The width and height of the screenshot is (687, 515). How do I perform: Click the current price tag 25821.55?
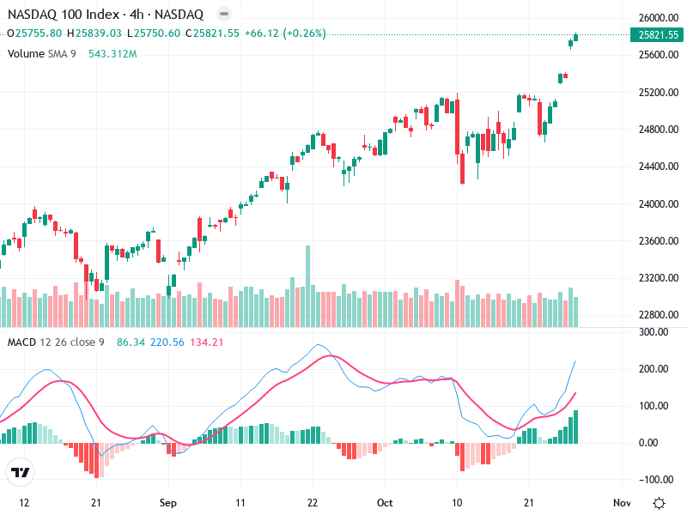tap(659, 35)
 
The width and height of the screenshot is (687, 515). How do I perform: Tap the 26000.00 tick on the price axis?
tap(659, 18)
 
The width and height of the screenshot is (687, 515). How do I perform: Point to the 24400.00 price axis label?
tap(659, 167)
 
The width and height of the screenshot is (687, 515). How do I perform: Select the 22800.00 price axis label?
tap(659, 315)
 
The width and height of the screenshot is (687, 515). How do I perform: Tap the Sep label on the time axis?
tap(168, 502)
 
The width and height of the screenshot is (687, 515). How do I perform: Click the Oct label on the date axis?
tap(385, 502)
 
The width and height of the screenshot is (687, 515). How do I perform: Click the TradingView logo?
tap(20, 473)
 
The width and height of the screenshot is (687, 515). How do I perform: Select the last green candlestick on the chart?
tap(576, 37)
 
